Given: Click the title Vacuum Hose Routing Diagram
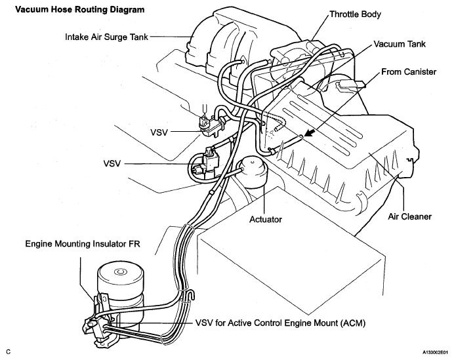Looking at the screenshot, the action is [79, 10].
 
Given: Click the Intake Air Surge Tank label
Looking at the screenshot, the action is [106, 37].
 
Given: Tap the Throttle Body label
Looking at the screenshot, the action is [356, 14].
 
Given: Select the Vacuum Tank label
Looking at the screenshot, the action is [400, 44].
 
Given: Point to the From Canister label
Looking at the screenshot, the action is [409, 71].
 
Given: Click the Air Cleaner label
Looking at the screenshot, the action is [409, 216].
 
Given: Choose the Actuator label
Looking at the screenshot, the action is [266, 220].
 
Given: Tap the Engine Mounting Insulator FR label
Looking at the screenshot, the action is [83, 244].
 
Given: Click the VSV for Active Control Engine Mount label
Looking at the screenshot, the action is [281, 323].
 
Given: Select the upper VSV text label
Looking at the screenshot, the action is [159, 132].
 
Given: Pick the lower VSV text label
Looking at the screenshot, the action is [112, 163].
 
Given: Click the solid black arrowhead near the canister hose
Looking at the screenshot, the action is [310, 133].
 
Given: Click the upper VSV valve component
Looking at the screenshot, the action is [212, 125].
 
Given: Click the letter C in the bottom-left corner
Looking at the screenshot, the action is [9, 352].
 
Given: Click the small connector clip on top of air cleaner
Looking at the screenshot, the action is [350, 85].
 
